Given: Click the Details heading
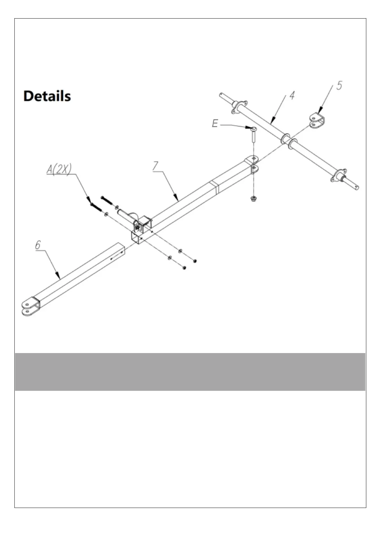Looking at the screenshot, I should (x=47, y=96).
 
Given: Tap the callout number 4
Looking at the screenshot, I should (x=292, y=95).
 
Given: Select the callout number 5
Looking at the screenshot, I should (x=339, y=85).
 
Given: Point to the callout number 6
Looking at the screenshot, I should (x=38, y=245).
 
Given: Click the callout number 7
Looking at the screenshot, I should (x=155, y=166).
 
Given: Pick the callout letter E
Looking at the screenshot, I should (x=215, y=123).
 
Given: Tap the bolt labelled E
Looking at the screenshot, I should (x=254, y=134).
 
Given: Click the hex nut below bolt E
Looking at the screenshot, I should (x=254, y=199).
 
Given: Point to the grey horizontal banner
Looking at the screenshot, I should (x=190, y=372).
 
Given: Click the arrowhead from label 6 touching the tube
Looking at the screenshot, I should (x=58, y=276).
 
